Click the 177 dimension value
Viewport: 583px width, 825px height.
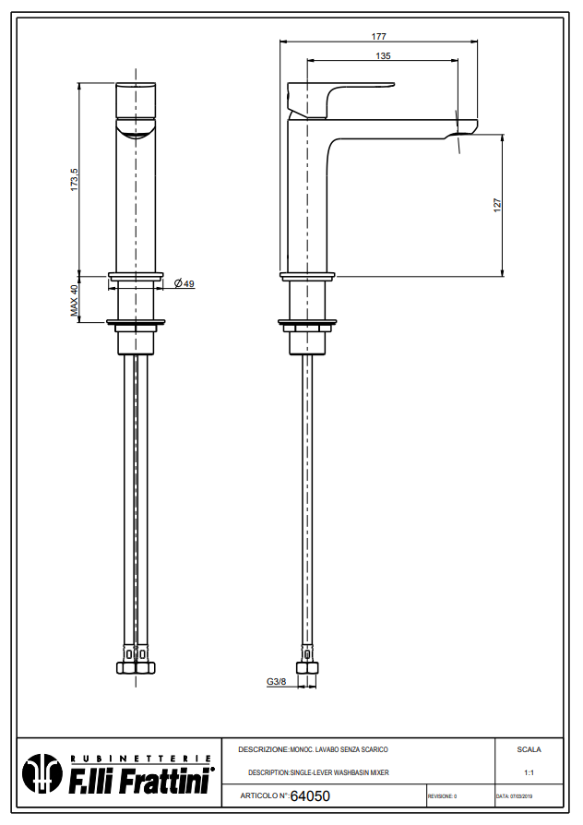click(378, 36)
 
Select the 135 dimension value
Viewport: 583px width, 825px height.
click(383, 56)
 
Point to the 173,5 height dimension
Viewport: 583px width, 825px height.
click(74, 179)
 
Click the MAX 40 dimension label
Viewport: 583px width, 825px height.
click(75, 300)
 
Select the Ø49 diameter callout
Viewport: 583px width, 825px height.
click(184, 284)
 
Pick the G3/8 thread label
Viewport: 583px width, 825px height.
click(276, 682)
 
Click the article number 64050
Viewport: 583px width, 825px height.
click(309, 795)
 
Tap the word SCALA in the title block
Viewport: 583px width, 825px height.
click(529, 749)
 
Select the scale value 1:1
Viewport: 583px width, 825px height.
click(529, 772)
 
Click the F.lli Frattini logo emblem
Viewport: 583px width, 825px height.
click(42, 774)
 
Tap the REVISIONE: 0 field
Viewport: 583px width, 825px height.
click(442, 795)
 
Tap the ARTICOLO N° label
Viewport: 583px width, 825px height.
click(264, 795)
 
